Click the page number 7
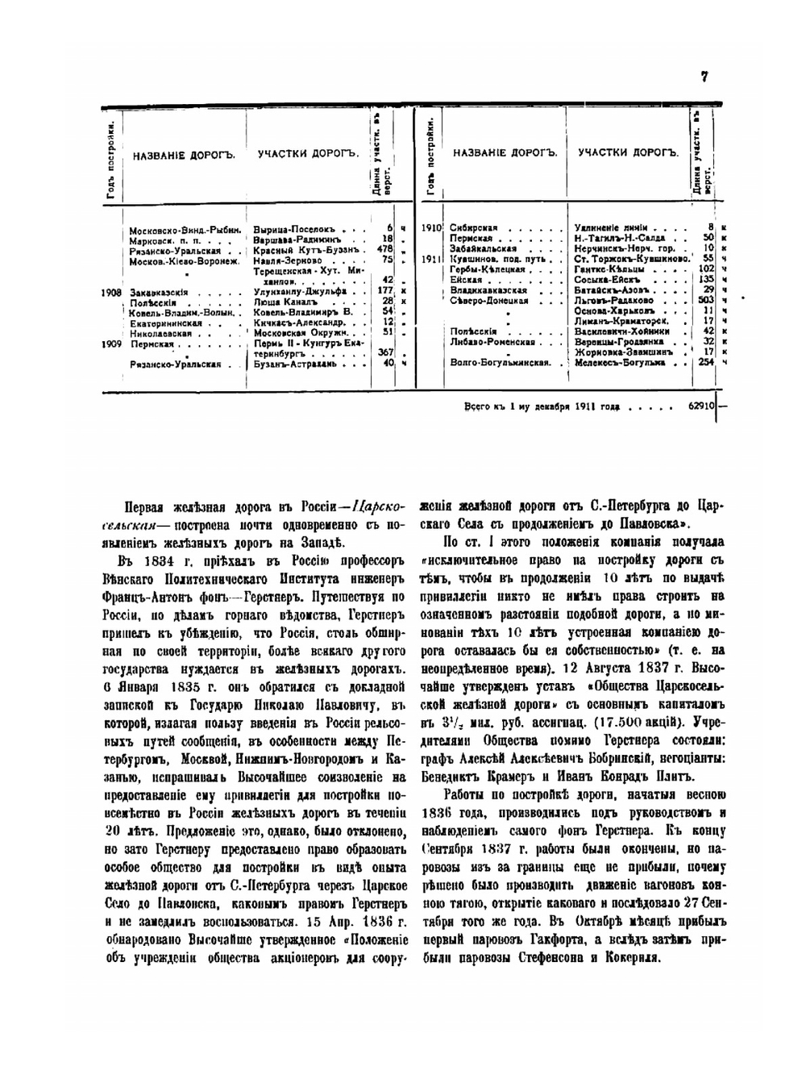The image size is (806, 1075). tap(704, 77)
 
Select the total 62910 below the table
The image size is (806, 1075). tap(700, 406)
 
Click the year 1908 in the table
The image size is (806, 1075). tap(113, 292)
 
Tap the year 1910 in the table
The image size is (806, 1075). tap(431, 228)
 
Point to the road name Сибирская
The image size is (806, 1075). tap(474, 228)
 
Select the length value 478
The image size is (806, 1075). tap(384, 249)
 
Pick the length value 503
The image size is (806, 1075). tap(707, 300)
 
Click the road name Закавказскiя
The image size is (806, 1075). tap(159, 292)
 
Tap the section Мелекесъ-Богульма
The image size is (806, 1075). tap(620, 363)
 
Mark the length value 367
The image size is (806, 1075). tap(384, 352)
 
